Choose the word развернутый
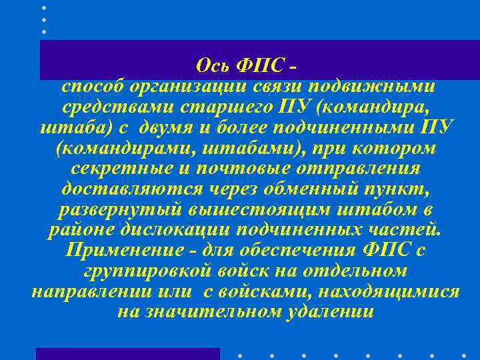[107, 211]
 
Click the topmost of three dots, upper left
[44, 7]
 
